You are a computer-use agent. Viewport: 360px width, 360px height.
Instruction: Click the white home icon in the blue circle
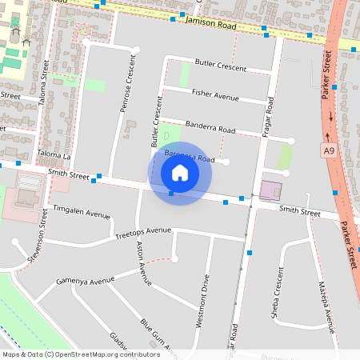[x=180, y=173]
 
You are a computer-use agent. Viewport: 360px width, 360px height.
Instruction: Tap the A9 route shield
[x=330, y=150]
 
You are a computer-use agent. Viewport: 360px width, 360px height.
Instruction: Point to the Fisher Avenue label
[x=215, y=95]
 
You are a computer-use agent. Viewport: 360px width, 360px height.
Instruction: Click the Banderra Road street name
[x=210, y=127]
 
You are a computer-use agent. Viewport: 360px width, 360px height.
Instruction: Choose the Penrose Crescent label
[x=126, y=87]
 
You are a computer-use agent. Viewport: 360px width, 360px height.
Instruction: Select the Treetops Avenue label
[x=143, y=232]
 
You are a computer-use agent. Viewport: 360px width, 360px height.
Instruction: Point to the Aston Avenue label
[x=144, y=264]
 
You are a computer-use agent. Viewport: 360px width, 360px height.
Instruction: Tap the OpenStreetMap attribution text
[x=80, y=354]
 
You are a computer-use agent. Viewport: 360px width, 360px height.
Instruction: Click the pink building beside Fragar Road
[x=270, y=191]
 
